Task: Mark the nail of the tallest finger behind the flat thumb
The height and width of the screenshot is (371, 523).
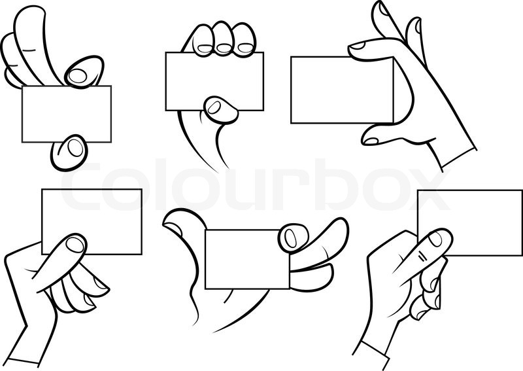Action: point(414,27)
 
